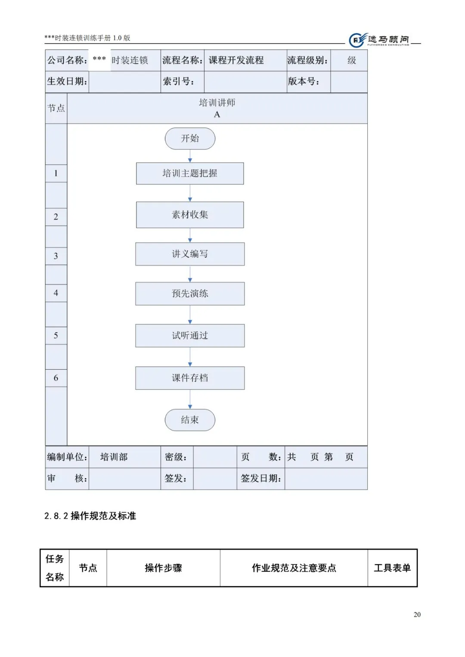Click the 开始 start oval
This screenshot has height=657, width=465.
pyautogui.click(x=190, y=139)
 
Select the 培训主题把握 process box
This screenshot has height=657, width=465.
pyautogui.click(x=190, y=173)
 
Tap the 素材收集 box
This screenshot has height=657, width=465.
pyautogui.click(x=190, y=215)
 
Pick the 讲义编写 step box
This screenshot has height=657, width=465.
pyautogui.click(x=190, y=254)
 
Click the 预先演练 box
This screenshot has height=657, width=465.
pyautogui.click(x=190, y=293)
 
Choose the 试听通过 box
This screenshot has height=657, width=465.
pyautogui.click(x=190, y=336)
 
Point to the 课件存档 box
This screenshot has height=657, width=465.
pyautogui.click(x=190, y=378)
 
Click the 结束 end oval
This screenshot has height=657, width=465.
pyautogui.click(x=190, y=420)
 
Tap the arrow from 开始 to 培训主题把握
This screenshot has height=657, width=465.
pyautogui.click(x=190, y=156)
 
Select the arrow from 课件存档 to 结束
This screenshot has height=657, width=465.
pyautogui.click(x=190, y=400)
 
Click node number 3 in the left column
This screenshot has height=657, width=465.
pyautogui.click(x=56, y=256)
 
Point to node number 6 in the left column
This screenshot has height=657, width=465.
pyautogui.click(x=56, y=378)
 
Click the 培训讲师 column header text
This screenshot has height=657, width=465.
pyautogui.click(x=217, y=103)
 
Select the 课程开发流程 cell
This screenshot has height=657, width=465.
pyautogui.click(x=236, y=60)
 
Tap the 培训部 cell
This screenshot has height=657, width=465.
pyautogui.click(x=114, y=457)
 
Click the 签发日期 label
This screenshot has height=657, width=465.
pyautogui.click(x=261, y=478)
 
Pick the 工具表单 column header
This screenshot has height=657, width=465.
pyautogui.click(x=392, y=568)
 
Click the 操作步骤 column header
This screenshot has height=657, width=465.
pyautogui.click(x=163, y=568)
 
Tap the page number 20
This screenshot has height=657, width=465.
pyautogui.click(x=417, y=614)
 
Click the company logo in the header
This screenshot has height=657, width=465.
pyautogui.click(x=379, y=40)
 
